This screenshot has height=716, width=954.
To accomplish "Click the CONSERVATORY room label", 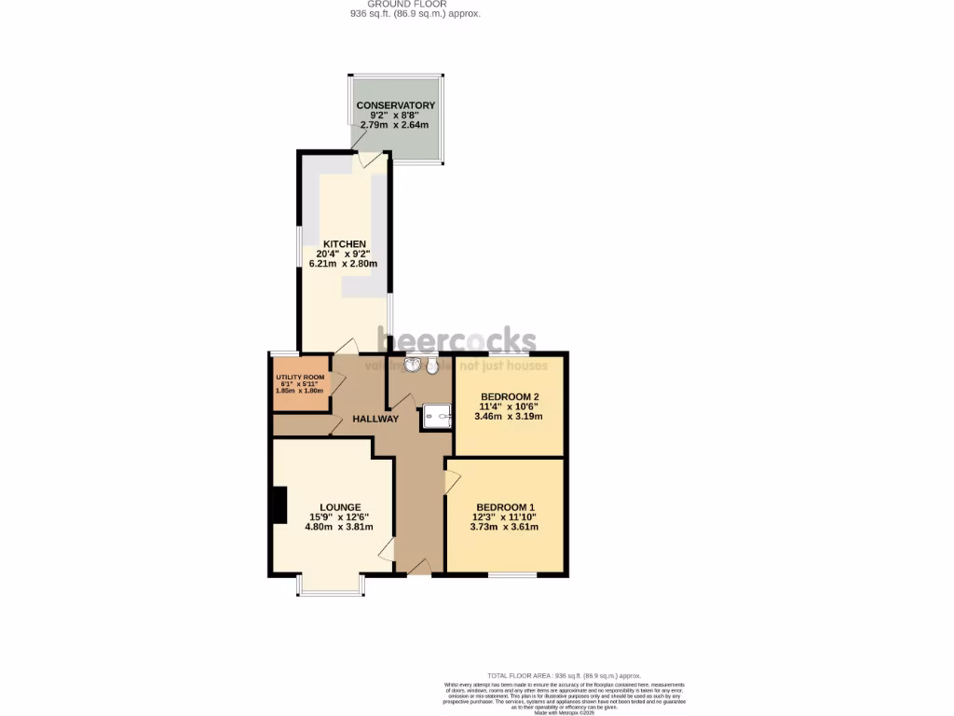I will click(x=396, y=105).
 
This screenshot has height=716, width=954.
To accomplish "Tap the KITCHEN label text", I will click(x=344, y=244).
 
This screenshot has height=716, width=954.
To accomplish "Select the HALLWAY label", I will click(x=375, y=419).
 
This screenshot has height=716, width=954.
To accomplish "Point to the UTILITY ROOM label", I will click(x=300, y=377).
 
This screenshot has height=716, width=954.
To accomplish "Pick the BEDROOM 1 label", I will click(x=504, y=507).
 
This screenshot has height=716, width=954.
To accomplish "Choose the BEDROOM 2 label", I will click(x=510, y=396).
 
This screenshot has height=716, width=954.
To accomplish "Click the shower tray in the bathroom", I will click(x=435, y=416).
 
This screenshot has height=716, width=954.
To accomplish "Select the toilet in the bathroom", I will click(x=432, y=366).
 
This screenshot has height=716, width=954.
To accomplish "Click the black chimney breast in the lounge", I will click(x=278, y=506).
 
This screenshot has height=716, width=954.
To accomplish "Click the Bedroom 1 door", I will click(x=451, y=481).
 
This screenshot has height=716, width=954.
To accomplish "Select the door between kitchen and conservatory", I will click(x=370, y=159).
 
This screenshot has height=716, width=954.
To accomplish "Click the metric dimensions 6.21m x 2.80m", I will click(x=344, y=264).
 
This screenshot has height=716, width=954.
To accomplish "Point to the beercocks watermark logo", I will click(x=457, y=341).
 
